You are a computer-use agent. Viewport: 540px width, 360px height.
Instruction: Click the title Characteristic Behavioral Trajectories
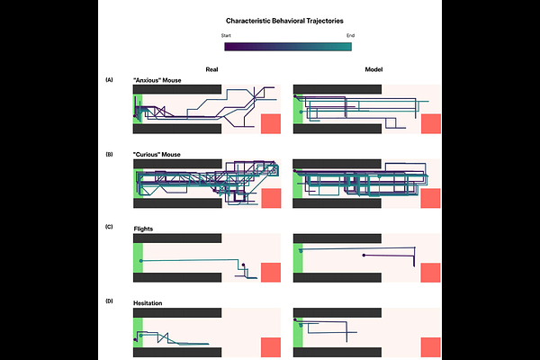[x=283, y=19]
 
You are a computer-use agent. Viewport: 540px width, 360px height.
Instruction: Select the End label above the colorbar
[x=349, y=35]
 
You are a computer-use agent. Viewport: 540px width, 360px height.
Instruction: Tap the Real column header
[x=211, y=69]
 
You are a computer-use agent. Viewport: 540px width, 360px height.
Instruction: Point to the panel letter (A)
[x=110, y=80]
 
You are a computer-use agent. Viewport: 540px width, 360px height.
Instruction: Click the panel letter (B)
[x=110, y=154]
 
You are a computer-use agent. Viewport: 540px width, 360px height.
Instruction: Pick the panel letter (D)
[x=110, y=301]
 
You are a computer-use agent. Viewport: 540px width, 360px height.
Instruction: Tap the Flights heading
[x=144, y=228]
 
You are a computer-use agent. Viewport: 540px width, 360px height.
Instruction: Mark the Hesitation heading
[x=148, y=303]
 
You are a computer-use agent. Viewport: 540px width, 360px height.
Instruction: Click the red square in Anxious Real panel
[x=270, y=124]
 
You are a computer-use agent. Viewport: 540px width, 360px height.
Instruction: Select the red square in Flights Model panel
[x=430, y=274]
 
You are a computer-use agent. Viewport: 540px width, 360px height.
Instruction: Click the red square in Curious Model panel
[x=430, y=198]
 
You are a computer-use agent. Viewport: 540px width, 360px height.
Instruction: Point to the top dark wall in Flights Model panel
[x=337, y=238]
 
